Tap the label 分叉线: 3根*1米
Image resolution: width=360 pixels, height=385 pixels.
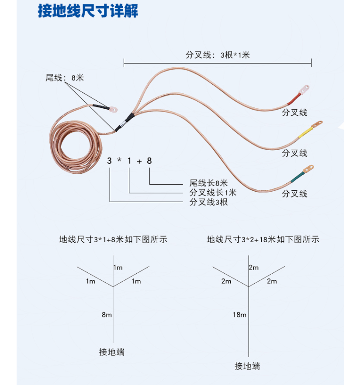218,55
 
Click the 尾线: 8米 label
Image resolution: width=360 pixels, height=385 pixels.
64,78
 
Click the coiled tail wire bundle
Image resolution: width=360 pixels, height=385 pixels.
74,144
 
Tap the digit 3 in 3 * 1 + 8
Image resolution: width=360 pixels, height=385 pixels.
110,161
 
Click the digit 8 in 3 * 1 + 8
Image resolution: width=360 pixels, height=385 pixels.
149,161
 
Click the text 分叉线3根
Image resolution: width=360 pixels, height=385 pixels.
208,202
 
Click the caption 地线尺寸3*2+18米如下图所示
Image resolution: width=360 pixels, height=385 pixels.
263,239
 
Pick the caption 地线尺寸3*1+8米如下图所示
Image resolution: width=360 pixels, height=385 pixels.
113,239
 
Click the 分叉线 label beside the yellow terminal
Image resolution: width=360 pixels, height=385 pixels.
294,153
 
